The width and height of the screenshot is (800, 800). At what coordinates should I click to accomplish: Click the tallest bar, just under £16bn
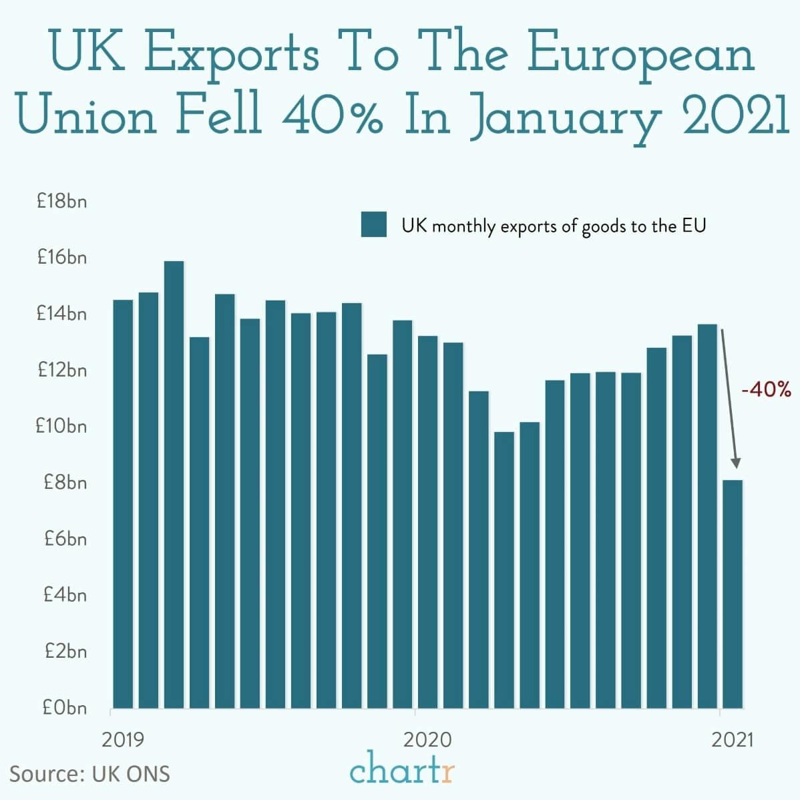[174, 484]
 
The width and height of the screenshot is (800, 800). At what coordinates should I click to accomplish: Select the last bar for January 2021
[733, 594]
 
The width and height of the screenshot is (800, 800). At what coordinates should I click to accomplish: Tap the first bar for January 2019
[123, 504]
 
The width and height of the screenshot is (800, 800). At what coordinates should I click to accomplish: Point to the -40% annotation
[766, 390]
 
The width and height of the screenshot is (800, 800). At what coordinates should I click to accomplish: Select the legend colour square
[374, 225]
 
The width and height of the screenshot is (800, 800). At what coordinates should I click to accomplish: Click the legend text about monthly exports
[554, 226]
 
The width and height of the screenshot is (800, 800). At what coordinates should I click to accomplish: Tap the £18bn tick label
[61, 201]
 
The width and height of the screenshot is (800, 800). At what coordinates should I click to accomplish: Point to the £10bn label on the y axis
[61, 426]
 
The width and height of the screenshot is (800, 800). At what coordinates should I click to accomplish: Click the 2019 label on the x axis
[123, 740]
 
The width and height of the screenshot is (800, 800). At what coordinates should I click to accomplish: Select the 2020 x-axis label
[428, 740]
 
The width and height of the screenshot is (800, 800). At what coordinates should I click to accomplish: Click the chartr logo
[402, 769]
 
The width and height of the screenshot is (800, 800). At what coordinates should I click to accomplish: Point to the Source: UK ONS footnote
[89, 773]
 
